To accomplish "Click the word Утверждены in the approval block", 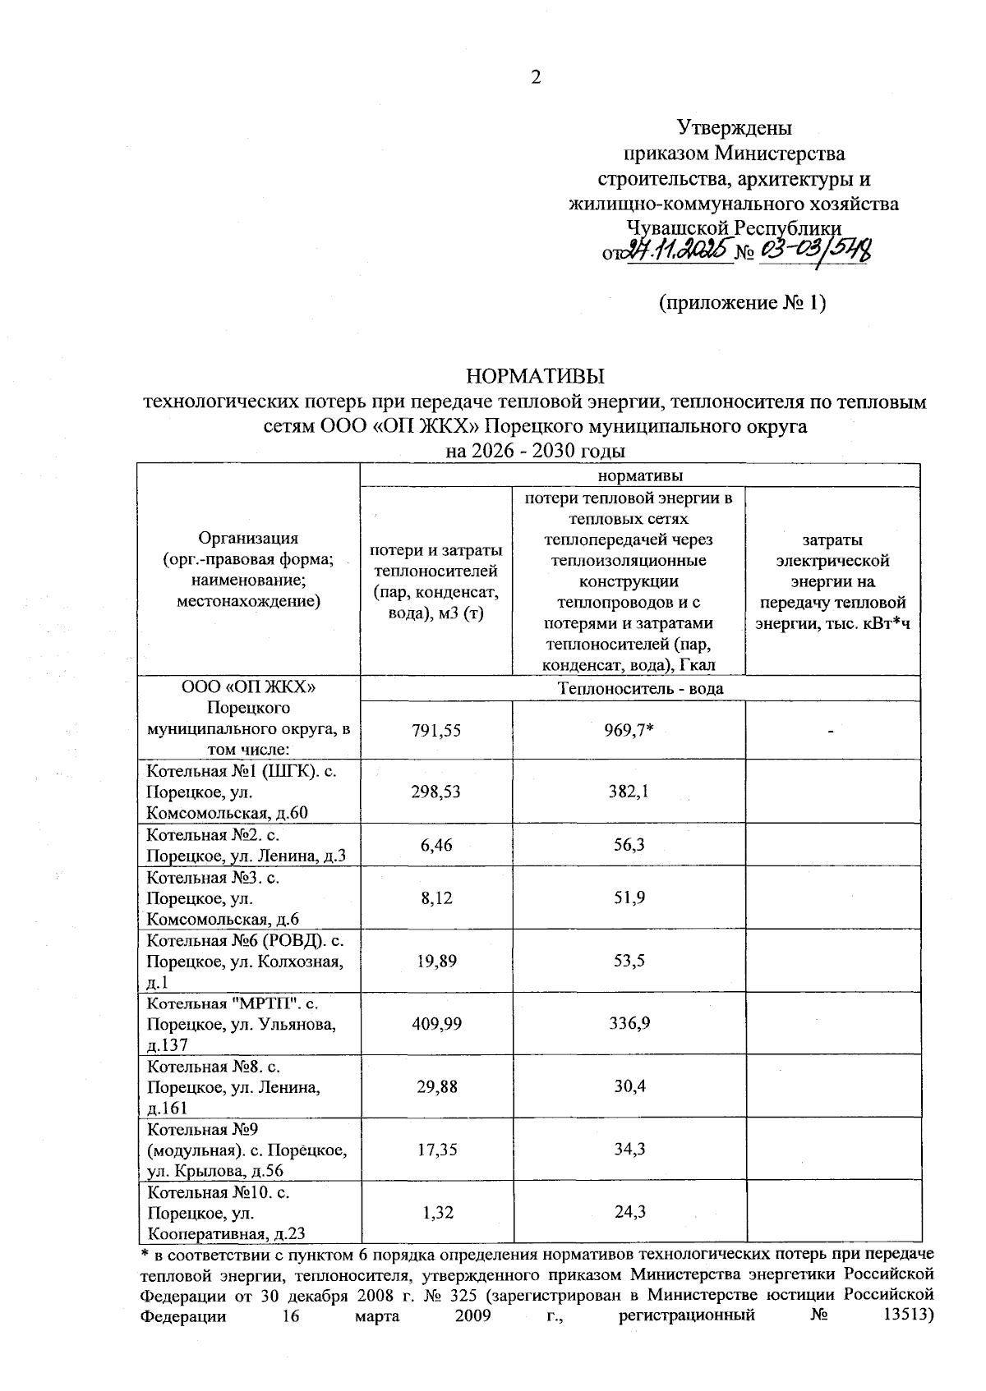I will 734,127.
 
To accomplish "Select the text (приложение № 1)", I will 742,303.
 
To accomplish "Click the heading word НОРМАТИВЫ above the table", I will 535,377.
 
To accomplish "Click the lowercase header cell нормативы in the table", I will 640,475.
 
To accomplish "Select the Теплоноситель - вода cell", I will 640,688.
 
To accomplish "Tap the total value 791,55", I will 436,730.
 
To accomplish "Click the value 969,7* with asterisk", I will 629,730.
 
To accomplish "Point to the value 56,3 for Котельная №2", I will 629,844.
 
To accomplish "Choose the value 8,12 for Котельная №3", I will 436,897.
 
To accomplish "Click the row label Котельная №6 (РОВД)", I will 245,940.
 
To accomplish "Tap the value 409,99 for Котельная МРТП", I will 436,1023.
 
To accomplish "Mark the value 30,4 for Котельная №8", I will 629,1086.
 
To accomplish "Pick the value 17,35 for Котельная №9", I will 436,1149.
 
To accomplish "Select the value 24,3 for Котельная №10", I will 629,1212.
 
